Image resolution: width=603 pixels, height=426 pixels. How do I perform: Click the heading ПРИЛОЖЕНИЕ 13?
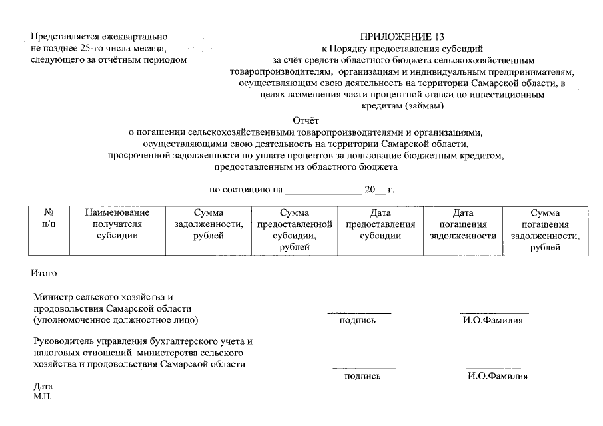[x=402, y=37]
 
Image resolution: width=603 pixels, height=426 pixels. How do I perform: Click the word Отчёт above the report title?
[x=306, y=120]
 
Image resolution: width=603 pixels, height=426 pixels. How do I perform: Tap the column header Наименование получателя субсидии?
[x=117, y=224]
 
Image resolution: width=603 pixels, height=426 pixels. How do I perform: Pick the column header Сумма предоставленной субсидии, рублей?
[x=295, y=230]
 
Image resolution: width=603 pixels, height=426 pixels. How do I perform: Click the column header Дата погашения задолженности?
[x=463, y=224]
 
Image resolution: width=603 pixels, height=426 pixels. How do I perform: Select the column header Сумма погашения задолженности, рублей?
[x=545, y=230]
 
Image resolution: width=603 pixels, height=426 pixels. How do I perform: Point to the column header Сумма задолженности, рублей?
[x=208, y=224]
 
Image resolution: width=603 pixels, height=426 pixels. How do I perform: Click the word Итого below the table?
[x=44, y=273]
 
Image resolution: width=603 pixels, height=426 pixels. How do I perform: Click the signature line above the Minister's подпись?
[x=358, y=312]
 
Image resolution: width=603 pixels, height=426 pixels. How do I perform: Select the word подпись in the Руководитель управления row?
[x=362, y=377]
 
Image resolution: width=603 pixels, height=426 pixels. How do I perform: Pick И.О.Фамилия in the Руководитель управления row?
[x=498, y=377]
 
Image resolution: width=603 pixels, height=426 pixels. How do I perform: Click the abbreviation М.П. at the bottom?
[x=41, y=397]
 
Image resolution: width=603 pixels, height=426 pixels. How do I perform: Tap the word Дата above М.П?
[x=43, y=387]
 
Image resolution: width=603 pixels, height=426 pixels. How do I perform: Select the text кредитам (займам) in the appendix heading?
[x=402, y=106]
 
